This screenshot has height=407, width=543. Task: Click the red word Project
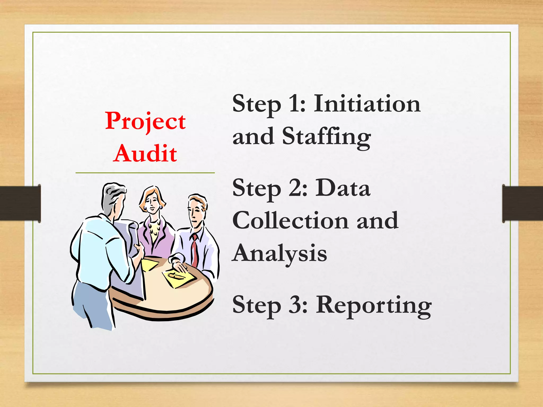coord(145,121)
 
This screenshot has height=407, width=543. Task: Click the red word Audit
coord(145,154)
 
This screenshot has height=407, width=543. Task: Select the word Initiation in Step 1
coord(367,104)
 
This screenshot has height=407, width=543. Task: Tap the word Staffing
coord(326,137)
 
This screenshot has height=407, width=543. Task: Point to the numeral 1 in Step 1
coord(294,104)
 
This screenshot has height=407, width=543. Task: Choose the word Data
coord(343,188)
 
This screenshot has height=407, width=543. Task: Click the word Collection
coord(290,220)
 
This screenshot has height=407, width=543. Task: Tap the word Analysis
coord(279,253)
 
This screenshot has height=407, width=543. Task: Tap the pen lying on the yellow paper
coord(176,276)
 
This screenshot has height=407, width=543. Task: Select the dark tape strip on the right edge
coord(522,203)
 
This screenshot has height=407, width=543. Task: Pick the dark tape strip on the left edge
coord(20,203)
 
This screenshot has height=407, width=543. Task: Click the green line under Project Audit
coord(145,173)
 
